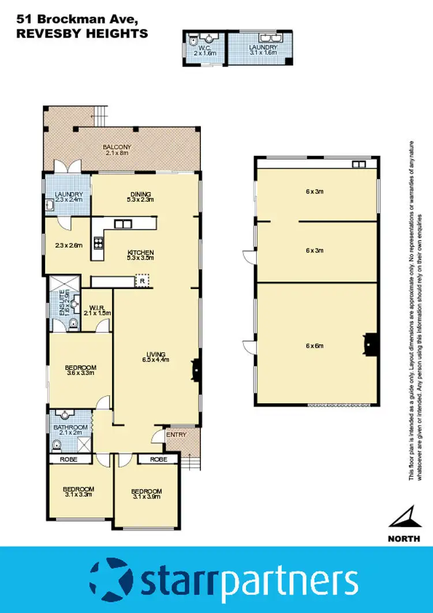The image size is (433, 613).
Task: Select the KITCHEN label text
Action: point(141,252)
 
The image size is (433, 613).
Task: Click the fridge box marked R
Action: point(142,281)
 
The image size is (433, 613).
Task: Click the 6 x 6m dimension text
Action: point(315,346)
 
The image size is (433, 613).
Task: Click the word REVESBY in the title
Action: point(47,34)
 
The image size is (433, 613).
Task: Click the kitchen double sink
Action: point(122,224)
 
